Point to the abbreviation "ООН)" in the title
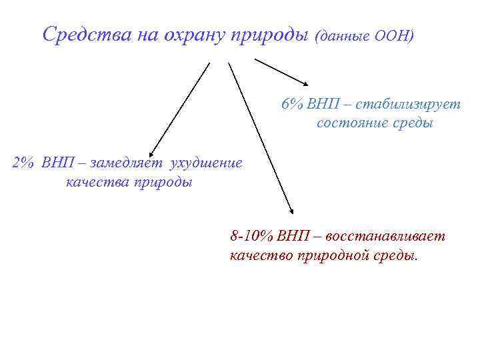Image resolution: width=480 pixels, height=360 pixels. click(395, 35)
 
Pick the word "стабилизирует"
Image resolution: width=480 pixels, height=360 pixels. click(408, 105)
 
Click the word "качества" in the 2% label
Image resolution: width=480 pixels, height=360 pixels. click(93, 182)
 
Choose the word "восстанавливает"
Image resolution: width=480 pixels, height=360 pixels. click(391, 237)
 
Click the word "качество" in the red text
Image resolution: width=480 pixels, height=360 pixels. click(257, 256)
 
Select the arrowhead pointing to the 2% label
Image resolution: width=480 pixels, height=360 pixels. click(151, 153)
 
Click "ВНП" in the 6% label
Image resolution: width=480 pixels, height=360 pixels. click(325, 105)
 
